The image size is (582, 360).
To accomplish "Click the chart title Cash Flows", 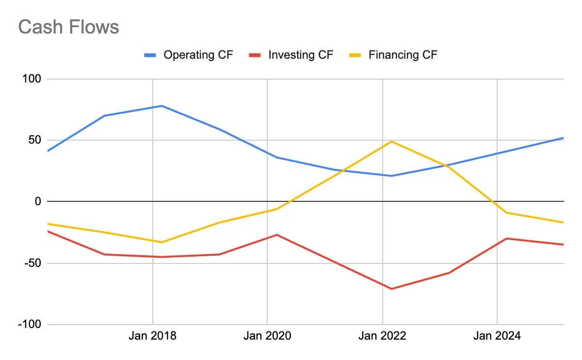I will coord(68,27).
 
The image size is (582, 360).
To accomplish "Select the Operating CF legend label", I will coord(198,55).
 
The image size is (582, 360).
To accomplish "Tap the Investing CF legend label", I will coord(301,55).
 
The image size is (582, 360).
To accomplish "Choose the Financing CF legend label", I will coord(403,55).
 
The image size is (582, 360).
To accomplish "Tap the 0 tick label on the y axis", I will coord(38,201).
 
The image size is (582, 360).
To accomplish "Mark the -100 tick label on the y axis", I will coord(30,325).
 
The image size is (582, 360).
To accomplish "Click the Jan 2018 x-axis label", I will coord(152,336).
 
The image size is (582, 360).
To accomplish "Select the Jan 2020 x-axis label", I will coord(267,336).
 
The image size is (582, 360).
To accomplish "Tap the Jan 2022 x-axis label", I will coord(382,336).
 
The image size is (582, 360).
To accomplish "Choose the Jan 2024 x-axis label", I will coord(497,336).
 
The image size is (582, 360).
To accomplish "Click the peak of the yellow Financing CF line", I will coord(391,141).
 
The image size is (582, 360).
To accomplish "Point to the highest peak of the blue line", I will coord(162,106).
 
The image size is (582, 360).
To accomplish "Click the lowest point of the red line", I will coord(391,289).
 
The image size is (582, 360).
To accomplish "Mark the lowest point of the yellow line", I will coord(162,242).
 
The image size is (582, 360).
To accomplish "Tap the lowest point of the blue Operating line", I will coord(391,176).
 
